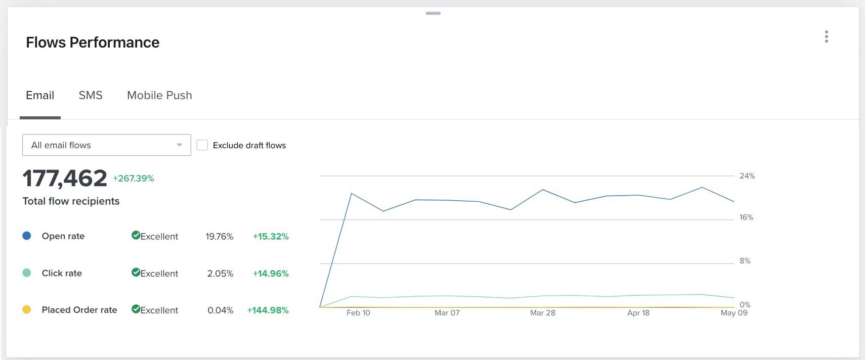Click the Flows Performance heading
click(x=93, y=42)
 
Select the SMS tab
click(x=91, y=96)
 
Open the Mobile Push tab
click(x=159, y=96)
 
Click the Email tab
click(x=40, y=96)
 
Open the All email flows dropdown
click(x=106, y=145)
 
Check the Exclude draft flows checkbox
click(x=202, y=145)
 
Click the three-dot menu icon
click(x=826, y=36)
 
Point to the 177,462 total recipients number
click(x=65, y=178)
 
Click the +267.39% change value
click(x=134, y=178)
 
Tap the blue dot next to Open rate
click(x=27, y=236)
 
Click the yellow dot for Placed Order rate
click(x=27, y=309)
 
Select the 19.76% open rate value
click(x=219, y=237)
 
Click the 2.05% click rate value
click(x=220, y=274)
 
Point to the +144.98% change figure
click(x=268, y=310)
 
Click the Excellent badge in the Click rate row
click(x=155, y=273)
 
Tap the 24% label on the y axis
click(x=747, y=176)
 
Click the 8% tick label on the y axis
click(x=745, y=261)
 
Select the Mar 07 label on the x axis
click(x=447, y=313)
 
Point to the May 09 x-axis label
click(x=733, y=313)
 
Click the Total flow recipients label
click(x=71, y=201)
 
